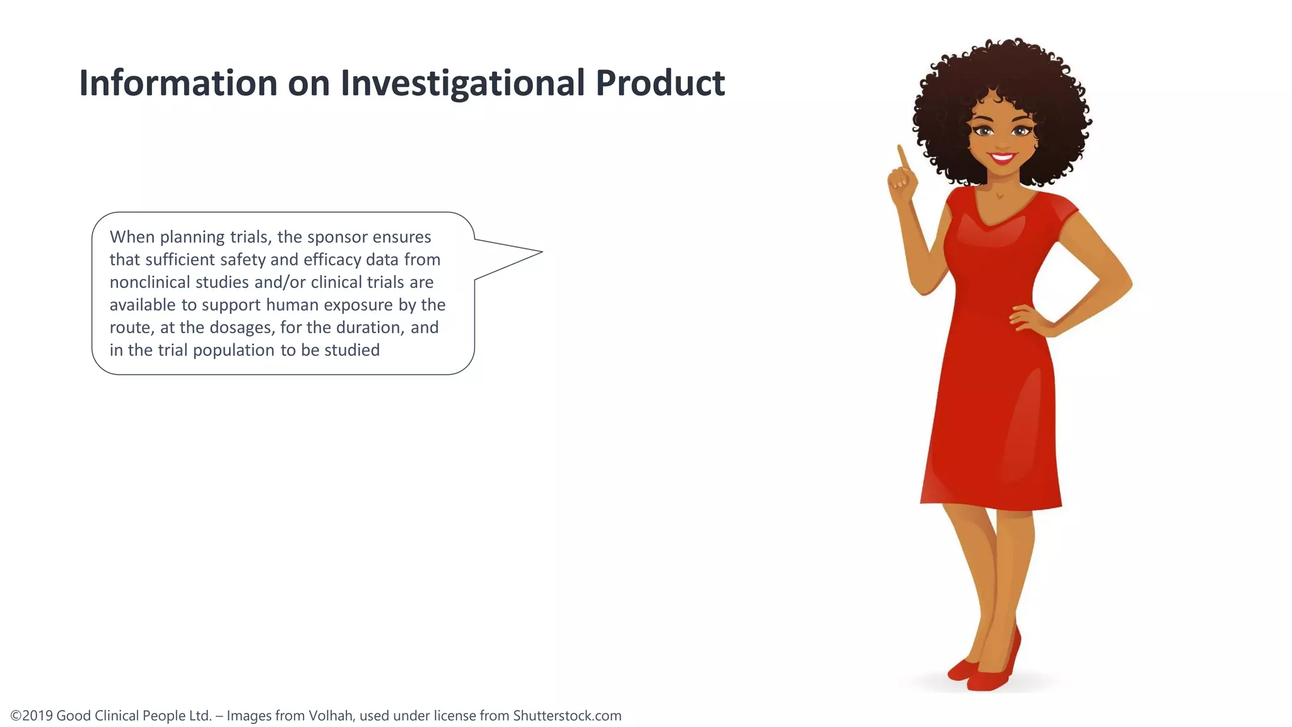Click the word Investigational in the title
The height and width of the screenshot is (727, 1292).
[x=462, y=83]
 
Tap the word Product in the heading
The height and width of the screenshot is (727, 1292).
[x=660, y=83]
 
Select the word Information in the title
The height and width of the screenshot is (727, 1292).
[x=178, y=83]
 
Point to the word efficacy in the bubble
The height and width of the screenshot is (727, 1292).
[x=332, y=260]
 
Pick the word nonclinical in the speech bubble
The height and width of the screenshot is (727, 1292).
[x=148, y=282]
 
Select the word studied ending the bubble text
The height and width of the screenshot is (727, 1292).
[x=351, y=350]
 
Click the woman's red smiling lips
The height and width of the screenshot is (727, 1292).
[x=1002, y=157]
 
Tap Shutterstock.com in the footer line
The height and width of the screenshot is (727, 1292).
[x=567, y=716]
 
